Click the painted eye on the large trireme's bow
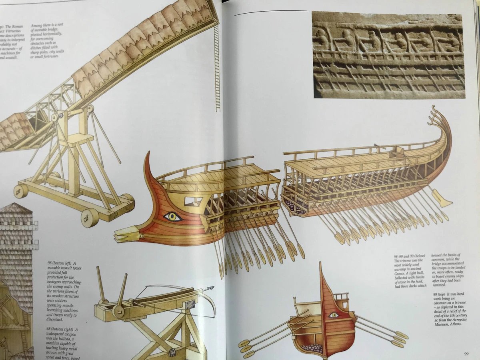(x=173, y=217)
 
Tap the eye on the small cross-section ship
(x=333, y=315)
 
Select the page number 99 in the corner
(x=466, y=353)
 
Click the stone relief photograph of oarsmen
(x=388, y=55)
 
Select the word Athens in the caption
(x=454, y=325)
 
